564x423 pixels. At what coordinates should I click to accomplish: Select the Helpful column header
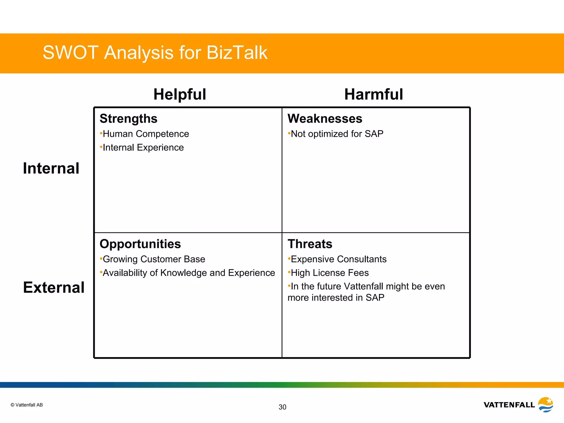tap(180, 94)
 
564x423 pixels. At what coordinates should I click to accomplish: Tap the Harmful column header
tap(373, 94)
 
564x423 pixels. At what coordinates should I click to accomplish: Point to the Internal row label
tap(51, 168)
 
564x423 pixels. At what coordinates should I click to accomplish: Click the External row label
tap(54, 288)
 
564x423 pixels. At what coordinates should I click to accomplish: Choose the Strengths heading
tap(128, 119)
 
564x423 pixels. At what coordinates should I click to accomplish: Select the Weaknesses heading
tap(325, 119)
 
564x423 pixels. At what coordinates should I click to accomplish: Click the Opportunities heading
tap(140, 244)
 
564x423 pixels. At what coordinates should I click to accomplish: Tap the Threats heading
tap(310, 244)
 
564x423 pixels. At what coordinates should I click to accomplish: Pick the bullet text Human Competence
tap(146, 134)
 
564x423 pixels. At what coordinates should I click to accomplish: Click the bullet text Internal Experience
tap(143, 148)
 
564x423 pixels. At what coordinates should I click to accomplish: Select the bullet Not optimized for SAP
tap(337, 134)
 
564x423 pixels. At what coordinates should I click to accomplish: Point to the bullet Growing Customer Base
tap(154, 259)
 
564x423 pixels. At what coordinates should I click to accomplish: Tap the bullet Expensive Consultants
tap(338, 259)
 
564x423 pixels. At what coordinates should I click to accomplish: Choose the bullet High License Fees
tap(330, 273)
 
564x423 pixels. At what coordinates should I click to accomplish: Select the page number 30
tap(282, 407)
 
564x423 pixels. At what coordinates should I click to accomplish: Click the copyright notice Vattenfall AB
tap(27, 405)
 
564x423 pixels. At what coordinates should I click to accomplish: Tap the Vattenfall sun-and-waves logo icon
tap(546, 405)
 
